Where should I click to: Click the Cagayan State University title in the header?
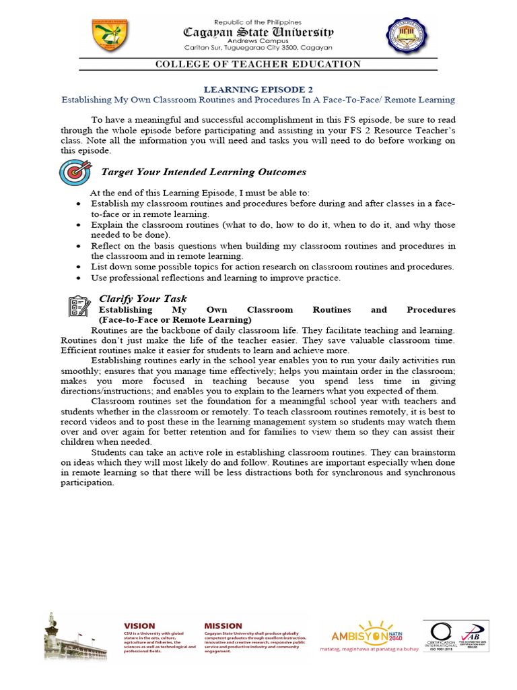point(259,32)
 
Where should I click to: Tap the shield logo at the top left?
point(110,35)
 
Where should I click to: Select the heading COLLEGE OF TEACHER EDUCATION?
point(258,64)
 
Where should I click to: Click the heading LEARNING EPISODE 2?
point(258,89)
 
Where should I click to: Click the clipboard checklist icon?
point(79,306)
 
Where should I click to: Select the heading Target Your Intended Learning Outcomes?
point(203,172)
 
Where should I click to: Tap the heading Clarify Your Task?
point(143,299)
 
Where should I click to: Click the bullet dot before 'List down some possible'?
point(80,267)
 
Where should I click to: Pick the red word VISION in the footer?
point(139,626)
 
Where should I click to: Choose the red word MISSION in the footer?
point(223,626)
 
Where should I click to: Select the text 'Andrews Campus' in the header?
point(259,40)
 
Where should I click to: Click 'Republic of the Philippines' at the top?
point(259,22)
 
